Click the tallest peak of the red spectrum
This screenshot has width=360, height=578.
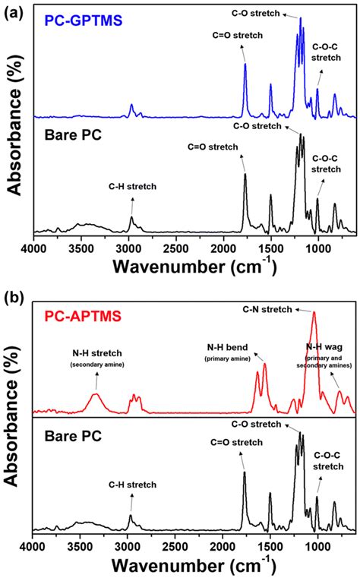(x=314, y=313)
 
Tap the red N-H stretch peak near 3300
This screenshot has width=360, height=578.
(x=96, y=394)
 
